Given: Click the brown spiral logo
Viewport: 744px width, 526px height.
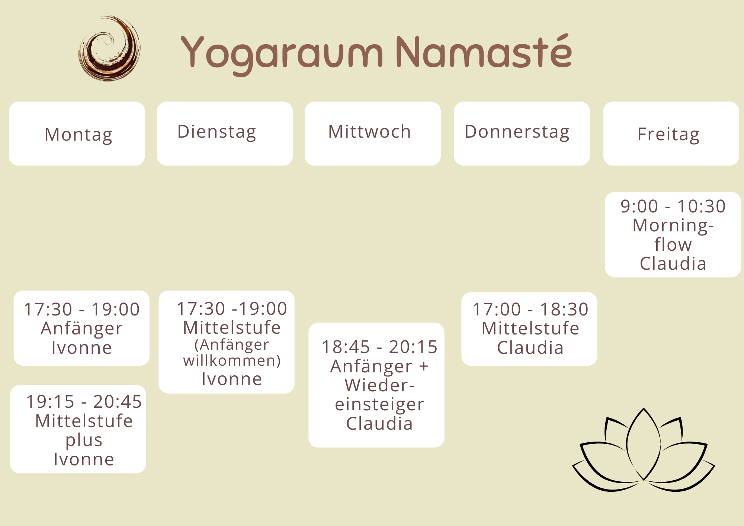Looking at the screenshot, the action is (109, 48).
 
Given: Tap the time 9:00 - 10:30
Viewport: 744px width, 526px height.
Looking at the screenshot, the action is (673, 206).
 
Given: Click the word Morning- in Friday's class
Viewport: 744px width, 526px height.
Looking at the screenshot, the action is (673, 225).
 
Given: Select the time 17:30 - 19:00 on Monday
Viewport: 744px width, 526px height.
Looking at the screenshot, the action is (81, 309).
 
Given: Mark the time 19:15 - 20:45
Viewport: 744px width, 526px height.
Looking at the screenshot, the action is (84, 401).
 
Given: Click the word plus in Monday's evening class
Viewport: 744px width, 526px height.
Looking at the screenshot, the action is (84, 440).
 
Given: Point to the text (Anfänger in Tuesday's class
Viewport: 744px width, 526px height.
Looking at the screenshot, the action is (231, 345).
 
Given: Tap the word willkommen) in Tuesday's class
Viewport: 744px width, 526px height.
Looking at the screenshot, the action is (232, 360).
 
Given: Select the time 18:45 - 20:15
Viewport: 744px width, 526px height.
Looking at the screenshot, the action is (379, 347).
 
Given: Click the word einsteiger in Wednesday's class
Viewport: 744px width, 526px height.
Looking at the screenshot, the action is (379, 404).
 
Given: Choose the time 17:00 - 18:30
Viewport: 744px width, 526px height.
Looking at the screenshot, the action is (530, 309).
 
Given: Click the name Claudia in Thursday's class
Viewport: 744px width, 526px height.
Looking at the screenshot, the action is (530, 348).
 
